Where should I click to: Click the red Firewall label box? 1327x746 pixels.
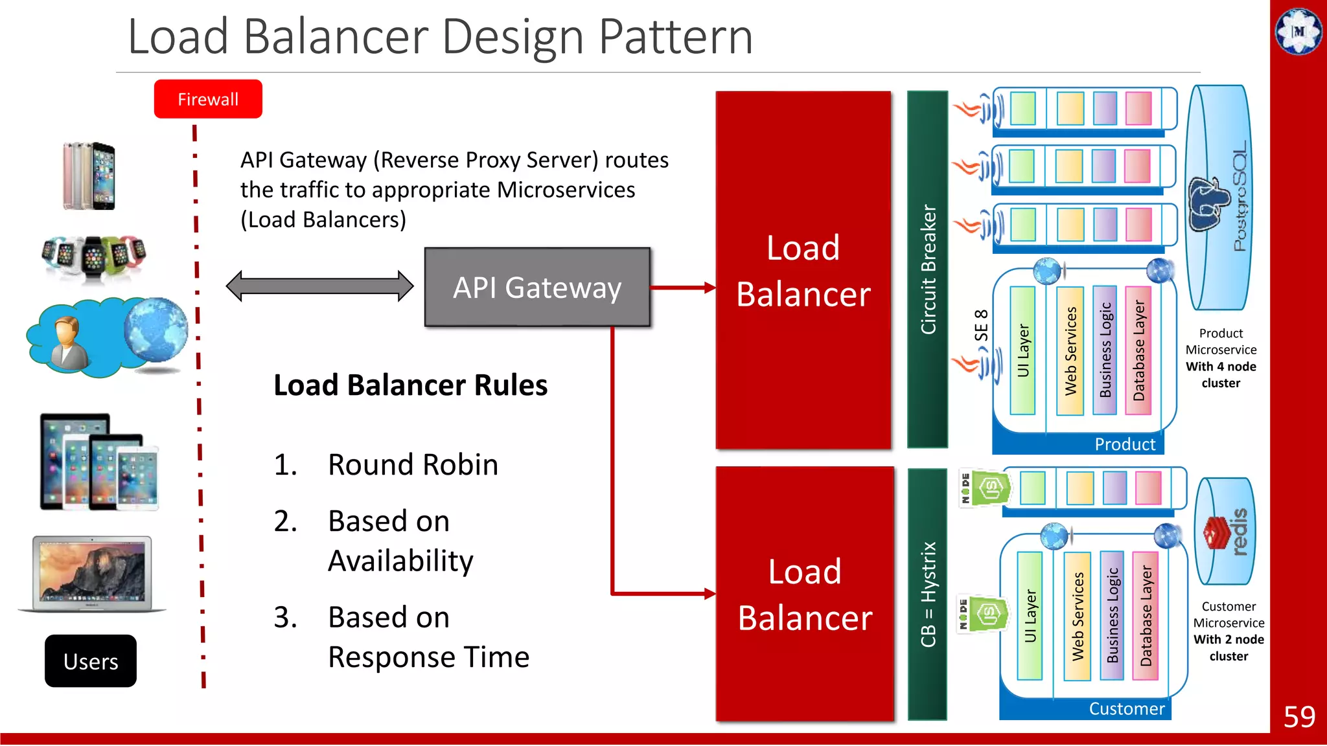208,99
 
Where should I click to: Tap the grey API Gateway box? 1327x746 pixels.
537,288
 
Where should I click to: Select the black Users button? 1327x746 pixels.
91,661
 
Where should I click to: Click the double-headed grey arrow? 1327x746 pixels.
319,286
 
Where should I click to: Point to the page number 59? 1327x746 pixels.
1298,717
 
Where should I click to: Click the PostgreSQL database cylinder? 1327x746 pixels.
1219,198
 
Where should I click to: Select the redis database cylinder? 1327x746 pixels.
1225,531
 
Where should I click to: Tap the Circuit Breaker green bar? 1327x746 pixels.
928,269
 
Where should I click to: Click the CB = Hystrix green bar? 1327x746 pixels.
928,593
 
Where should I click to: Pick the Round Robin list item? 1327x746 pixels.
413,465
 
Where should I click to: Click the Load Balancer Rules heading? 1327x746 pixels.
410,385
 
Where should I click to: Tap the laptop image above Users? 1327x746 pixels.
92,574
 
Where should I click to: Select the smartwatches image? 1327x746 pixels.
93,258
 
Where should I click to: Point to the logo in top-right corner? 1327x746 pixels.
1298,30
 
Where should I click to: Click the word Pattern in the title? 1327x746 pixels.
675,37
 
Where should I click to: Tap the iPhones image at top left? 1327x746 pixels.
89,175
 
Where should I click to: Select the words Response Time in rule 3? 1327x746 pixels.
428,657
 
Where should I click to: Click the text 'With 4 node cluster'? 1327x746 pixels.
1221,375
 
